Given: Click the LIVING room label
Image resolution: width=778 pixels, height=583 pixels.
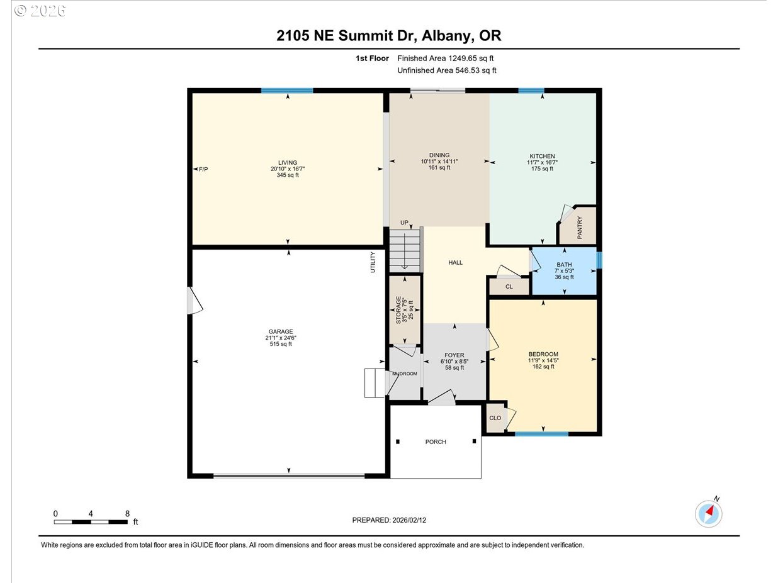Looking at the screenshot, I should tap(288, 162).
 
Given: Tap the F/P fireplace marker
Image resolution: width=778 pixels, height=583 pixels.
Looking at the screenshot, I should tap(203, 169).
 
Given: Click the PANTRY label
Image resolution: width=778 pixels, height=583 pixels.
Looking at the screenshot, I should tap(579, 228).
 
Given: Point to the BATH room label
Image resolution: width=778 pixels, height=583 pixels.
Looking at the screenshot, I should tap(564, 265).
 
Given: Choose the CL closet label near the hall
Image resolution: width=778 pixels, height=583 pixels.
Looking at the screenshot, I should tap(509, 287).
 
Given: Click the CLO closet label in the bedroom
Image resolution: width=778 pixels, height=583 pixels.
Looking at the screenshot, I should tap(495, 418).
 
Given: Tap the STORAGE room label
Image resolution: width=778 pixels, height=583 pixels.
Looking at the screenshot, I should tap(398, 309).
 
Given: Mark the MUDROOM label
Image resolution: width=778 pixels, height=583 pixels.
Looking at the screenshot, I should tap(404, 374).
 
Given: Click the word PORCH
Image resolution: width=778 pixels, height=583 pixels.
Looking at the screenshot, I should tap(436, 441).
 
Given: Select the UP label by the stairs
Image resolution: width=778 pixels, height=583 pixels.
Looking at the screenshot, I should tap(404, 223).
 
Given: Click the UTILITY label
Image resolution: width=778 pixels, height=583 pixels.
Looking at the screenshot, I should tap(373, 262).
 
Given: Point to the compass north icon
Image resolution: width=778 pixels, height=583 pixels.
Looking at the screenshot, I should tap(709, 513).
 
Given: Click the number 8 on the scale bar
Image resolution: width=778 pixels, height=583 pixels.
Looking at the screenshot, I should tap(127, 513).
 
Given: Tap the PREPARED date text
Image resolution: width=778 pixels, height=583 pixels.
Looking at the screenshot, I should tap(393, 520).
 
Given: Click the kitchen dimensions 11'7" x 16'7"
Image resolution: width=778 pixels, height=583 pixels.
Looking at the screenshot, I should tap(542, 162).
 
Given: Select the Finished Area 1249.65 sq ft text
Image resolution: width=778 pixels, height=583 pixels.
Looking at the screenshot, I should tap(445, 58).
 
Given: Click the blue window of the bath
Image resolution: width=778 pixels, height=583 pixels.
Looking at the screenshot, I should tap(599, 260).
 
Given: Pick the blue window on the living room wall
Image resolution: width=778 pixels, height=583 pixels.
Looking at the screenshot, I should tap(287, 91).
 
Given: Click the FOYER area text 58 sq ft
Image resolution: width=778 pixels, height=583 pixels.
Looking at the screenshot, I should tap(454, 368).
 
